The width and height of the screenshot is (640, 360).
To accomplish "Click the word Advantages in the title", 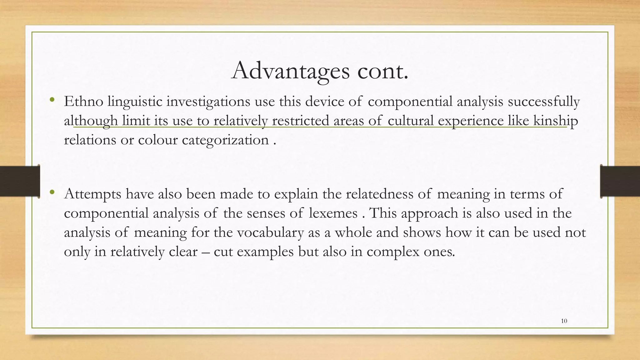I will click(290, 71).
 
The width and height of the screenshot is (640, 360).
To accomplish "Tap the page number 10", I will click(564, 321).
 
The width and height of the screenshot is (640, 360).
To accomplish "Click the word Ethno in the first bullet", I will click(83, 102).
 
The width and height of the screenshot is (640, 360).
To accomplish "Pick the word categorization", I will click(225, 140).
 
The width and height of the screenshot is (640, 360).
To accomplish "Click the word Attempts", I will click(92, 194).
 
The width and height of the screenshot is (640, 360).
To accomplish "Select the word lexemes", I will click(333, 213).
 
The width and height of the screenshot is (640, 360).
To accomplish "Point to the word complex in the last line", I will click(393, 252).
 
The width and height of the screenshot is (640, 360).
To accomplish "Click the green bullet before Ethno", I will click(52, 100).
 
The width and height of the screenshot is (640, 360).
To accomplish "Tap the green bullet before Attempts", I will click(52, 192).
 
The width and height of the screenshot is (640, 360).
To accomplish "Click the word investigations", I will click(208, 102).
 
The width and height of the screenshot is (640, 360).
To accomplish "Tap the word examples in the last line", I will click(265, 252).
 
